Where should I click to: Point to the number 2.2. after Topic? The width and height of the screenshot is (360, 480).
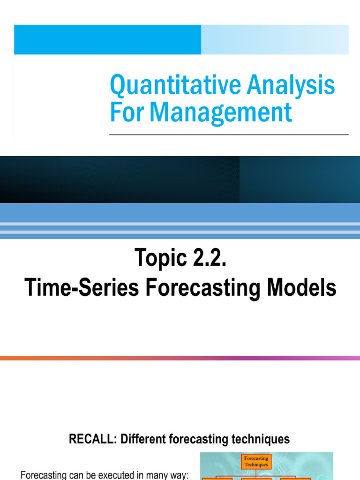tap(207, 259)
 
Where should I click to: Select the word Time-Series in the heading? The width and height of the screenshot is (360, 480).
tap(82, 288)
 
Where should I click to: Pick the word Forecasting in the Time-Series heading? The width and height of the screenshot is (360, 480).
tap(206, 288)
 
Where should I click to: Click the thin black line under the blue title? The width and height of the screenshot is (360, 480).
tap(229, 135)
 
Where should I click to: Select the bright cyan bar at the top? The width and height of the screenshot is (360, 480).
tap(108, 40)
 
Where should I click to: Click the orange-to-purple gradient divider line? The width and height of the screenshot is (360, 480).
tap(180, 358)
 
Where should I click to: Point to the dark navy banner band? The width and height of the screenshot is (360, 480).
tap(180, 180)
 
